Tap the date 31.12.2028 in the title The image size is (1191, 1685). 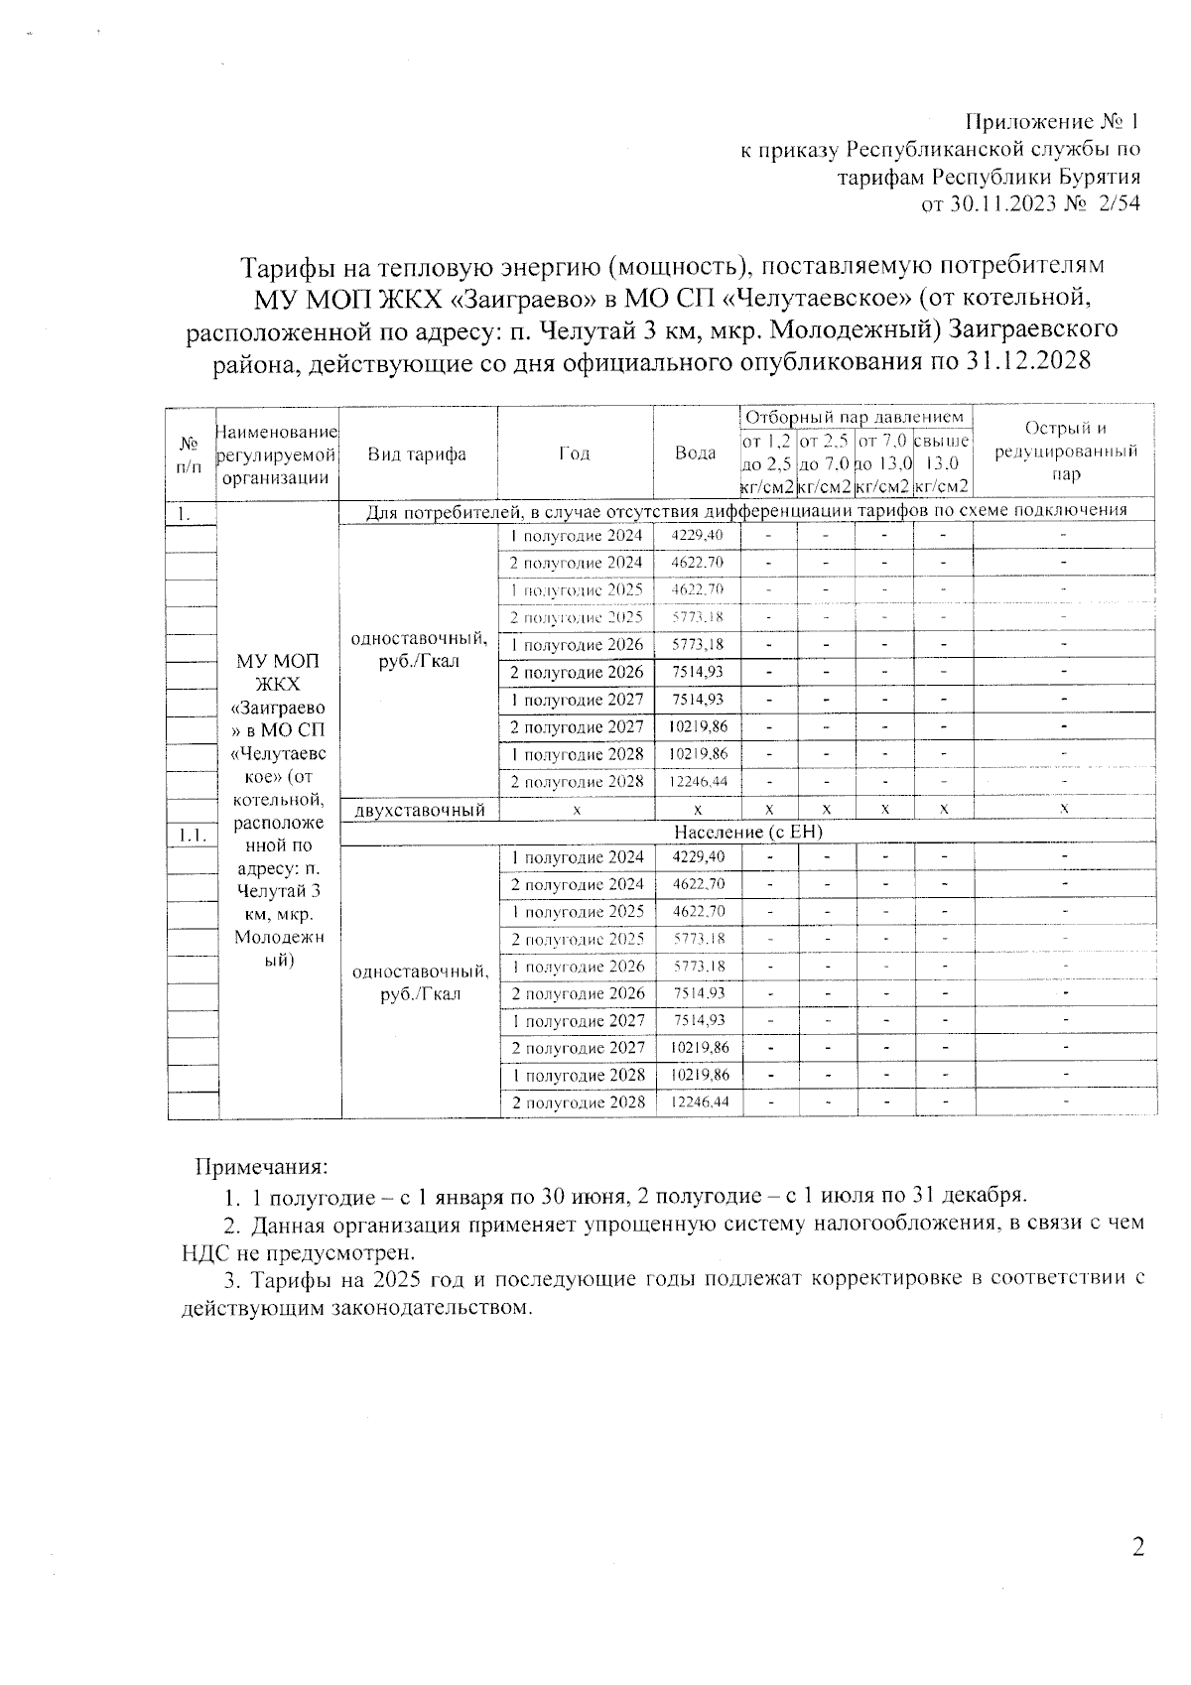1028,361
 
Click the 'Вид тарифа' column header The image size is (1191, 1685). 417,454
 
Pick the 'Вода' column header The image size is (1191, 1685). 695,454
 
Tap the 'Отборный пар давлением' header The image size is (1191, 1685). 854,418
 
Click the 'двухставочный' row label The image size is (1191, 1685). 419,810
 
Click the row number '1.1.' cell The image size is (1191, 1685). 191,836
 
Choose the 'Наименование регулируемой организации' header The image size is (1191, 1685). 277,454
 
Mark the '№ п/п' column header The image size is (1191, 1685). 190,454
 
